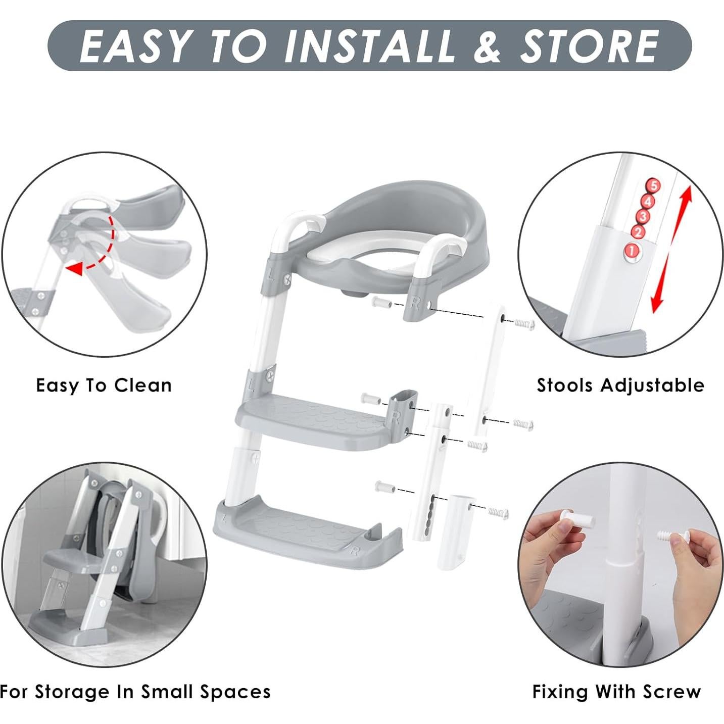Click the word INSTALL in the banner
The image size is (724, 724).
pos(369,46)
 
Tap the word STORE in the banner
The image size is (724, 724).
pos(589,46)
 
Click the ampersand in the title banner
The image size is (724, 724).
pos(487,46)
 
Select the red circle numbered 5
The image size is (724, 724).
pos(654,185)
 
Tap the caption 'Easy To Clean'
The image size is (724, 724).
pos(104,385)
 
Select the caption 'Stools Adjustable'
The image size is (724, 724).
pos(620,385)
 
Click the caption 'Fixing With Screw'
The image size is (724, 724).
pos(616,691)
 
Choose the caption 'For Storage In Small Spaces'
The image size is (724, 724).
pos(135,691)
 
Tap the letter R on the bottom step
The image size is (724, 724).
pos(354,550)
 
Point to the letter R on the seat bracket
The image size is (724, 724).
pos(415,303)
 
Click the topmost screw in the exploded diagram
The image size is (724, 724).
pos(524,324)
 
